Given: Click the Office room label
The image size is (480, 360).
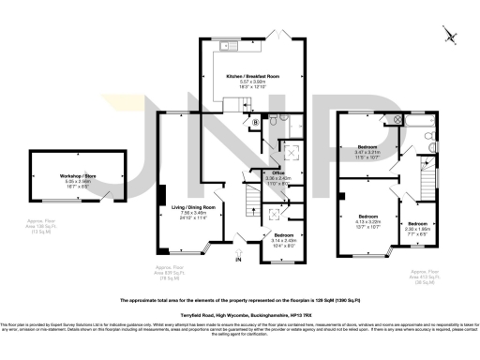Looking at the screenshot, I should pos(277,172).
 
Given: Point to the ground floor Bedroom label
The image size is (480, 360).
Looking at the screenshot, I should pos(284,234).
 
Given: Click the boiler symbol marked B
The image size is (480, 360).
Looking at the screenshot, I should pos(255,122).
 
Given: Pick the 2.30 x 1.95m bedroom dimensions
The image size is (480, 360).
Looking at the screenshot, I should pos(418,228).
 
